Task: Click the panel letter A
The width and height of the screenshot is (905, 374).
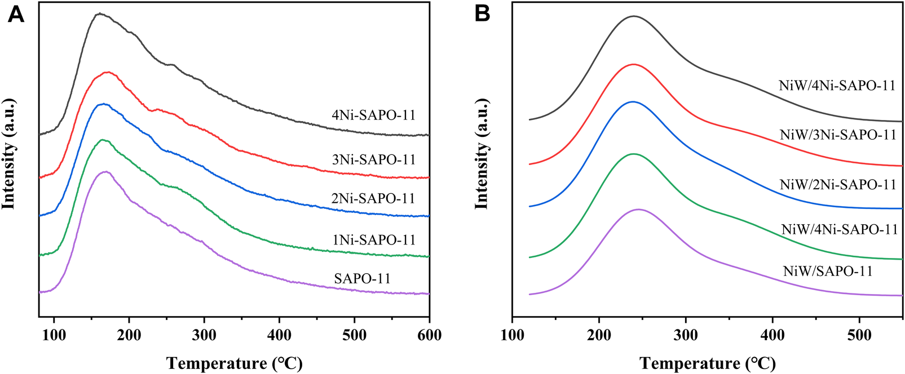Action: point(16,14)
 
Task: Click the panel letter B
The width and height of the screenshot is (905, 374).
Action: point(482,14)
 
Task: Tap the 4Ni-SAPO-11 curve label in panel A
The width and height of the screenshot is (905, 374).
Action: point(373,115)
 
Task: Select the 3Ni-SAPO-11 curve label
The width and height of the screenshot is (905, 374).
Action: point(373,160)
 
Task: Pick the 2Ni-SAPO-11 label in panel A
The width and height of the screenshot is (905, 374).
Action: point(373,199)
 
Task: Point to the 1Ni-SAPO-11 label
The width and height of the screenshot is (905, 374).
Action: point(373,241)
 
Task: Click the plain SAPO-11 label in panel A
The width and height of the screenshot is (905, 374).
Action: point(362,279)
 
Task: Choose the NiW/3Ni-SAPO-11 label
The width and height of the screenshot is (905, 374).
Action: point(838,135)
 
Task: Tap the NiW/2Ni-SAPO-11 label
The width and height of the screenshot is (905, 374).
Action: point(838,185)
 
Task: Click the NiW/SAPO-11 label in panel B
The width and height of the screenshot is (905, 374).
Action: point(828,271)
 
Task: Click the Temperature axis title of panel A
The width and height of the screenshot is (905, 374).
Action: point(234,363)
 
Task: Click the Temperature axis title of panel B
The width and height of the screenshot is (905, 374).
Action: point(708,363)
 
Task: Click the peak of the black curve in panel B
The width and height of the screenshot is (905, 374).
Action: point(634,16)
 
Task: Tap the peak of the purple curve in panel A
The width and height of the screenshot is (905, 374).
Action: point(105,172)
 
